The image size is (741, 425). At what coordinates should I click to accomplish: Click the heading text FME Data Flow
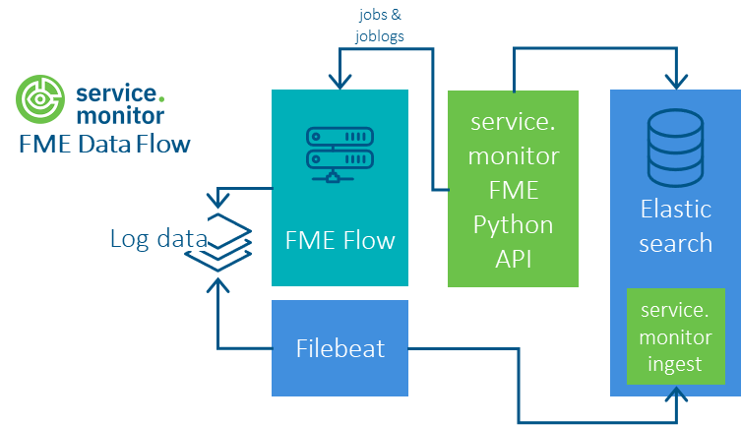click(104, 144)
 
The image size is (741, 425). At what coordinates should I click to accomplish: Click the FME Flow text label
click(340, 239)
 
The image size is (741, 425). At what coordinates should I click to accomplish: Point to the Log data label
click(157, 238)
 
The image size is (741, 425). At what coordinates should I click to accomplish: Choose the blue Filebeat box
click(340, 348)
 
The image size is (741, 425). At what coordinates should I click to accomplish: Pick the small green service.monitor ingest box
click(675, 336)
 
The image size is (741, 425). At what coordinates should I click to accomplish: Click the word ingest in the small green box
click(675, 364)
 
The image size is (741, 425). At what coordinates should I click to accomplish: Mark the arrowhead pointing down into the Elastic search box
click(675, 83)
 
